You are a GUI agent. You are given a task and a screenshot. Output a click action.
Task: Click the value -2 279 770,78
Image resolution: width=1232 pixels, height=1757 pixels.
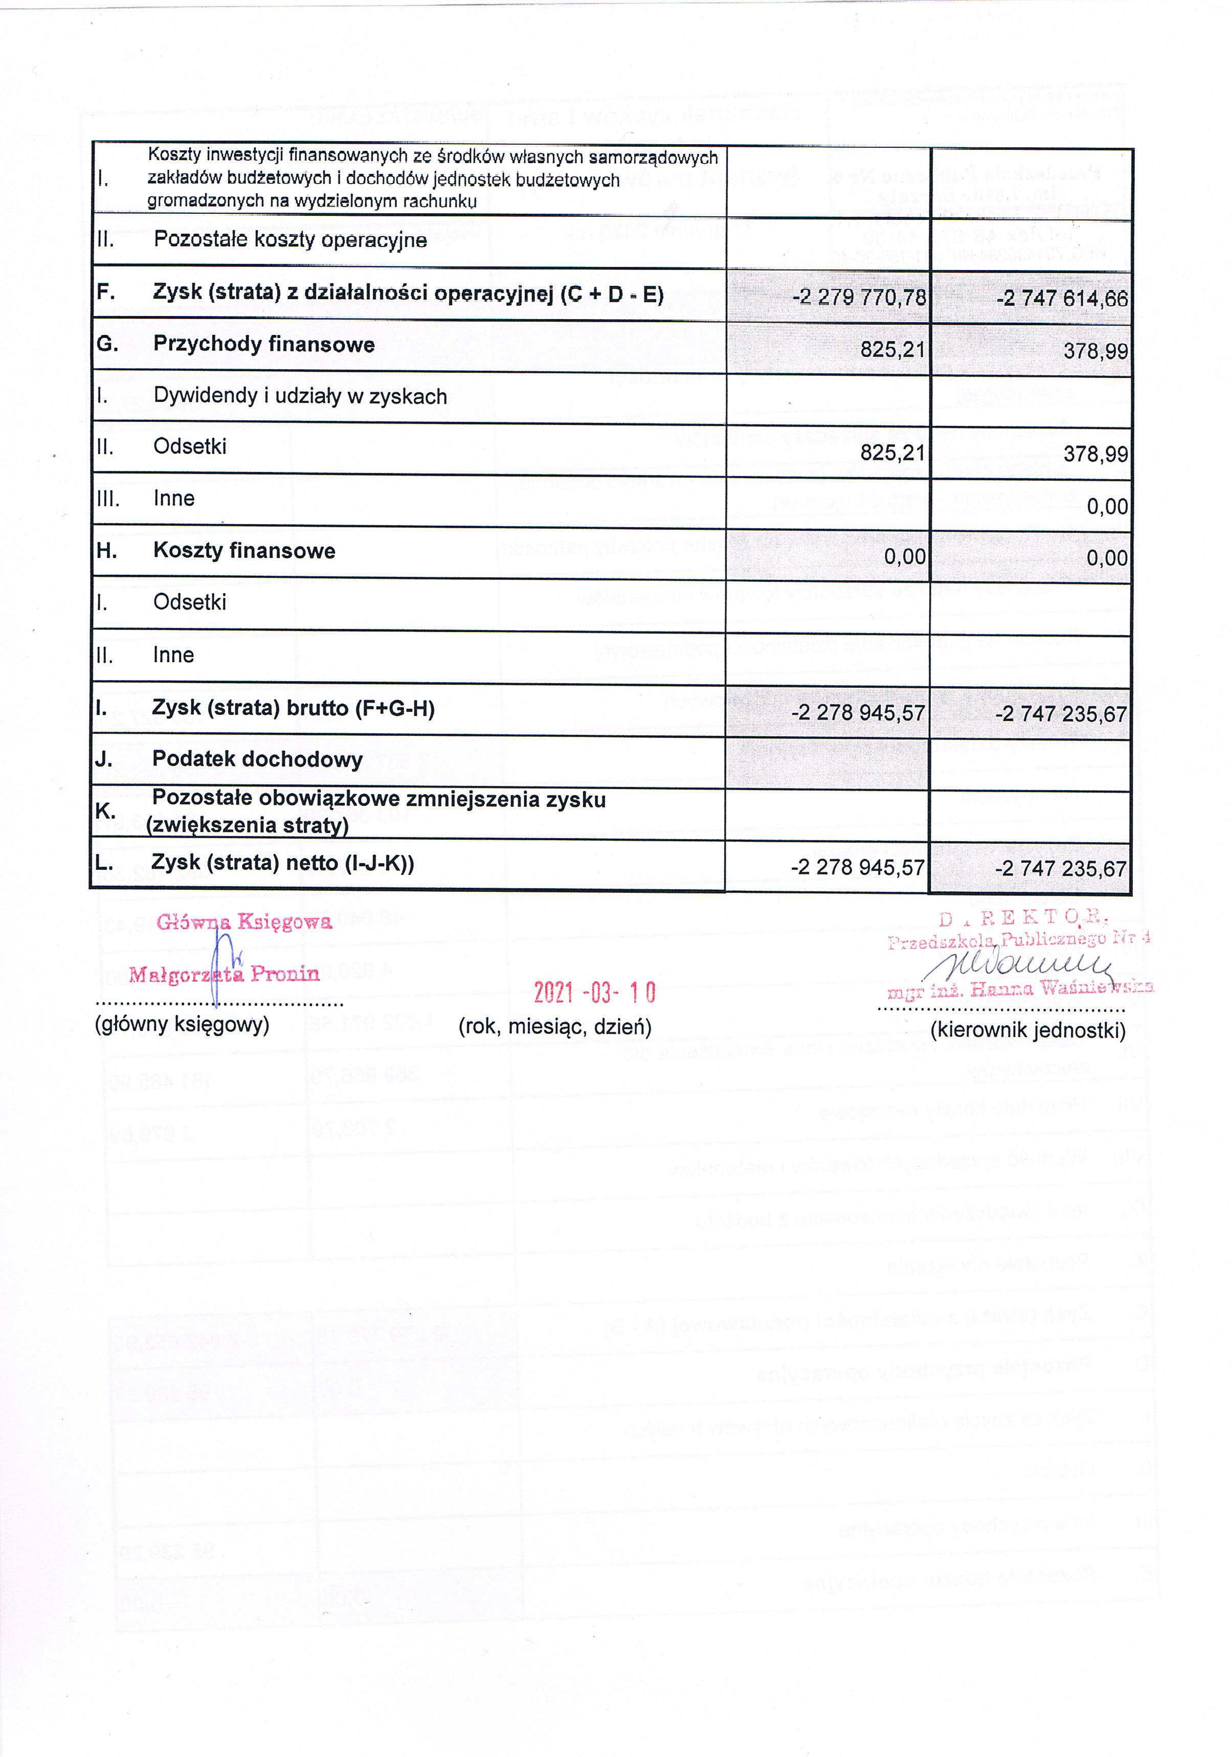pos(859,297)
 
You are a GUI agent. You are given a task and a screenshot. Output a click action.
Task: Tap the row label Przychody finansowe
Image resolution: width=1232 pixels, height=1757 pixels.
pos(263,344)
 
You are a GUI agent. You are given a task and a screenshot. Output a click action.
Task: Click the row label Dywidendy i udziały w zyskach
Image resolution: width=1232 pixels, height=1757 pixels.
pos(300,396)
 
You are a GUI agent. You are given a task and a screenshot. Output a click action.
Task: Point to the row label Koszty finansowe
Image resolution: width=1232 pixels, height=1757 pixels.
pos(244,551)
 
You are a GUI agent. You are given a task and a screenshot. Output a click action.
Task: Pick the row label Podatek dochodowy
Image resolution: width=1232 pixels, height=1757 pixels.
pos(257,759)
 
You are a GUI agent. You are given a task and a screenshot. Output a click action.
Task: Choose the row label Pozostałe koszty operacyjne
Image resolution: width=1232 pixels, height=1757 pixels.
pos(290,239)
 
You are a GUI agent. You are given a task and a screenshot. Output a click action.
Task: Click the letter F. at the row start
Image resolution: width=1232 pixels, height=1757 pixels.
pos(105,291)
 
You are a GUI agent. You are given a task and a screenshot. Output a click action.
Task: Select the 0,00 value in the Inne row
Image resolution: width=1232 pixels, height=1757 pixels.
pos(1107,507)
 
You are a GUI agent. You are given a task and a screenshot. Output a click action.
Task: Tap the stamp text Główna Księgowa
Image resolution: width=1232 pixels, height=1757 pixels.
pos(244,921)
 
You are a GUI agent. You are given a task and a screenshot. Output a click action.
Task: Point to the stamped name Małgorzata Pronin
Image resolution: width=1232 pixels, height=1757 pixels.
pos(224,974)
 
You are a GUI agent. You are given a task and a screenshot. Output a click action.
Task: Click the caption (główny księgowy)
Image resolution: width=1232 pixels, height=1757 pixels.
pos(182,1025)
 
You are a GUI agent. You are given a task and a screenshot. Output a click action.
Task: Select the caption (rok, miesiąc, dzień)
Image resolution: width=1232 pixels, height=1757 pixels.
pos(555,1027)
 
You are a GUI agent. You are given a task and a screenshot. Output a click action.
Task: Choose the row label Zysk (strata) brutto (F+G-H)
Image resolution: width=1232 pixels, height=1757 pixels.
pos(293,708)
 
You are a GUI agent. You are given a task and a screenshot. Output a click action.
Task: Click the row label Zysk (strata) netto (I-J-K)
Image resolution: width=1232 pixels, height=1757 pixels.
pos(282,863)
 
